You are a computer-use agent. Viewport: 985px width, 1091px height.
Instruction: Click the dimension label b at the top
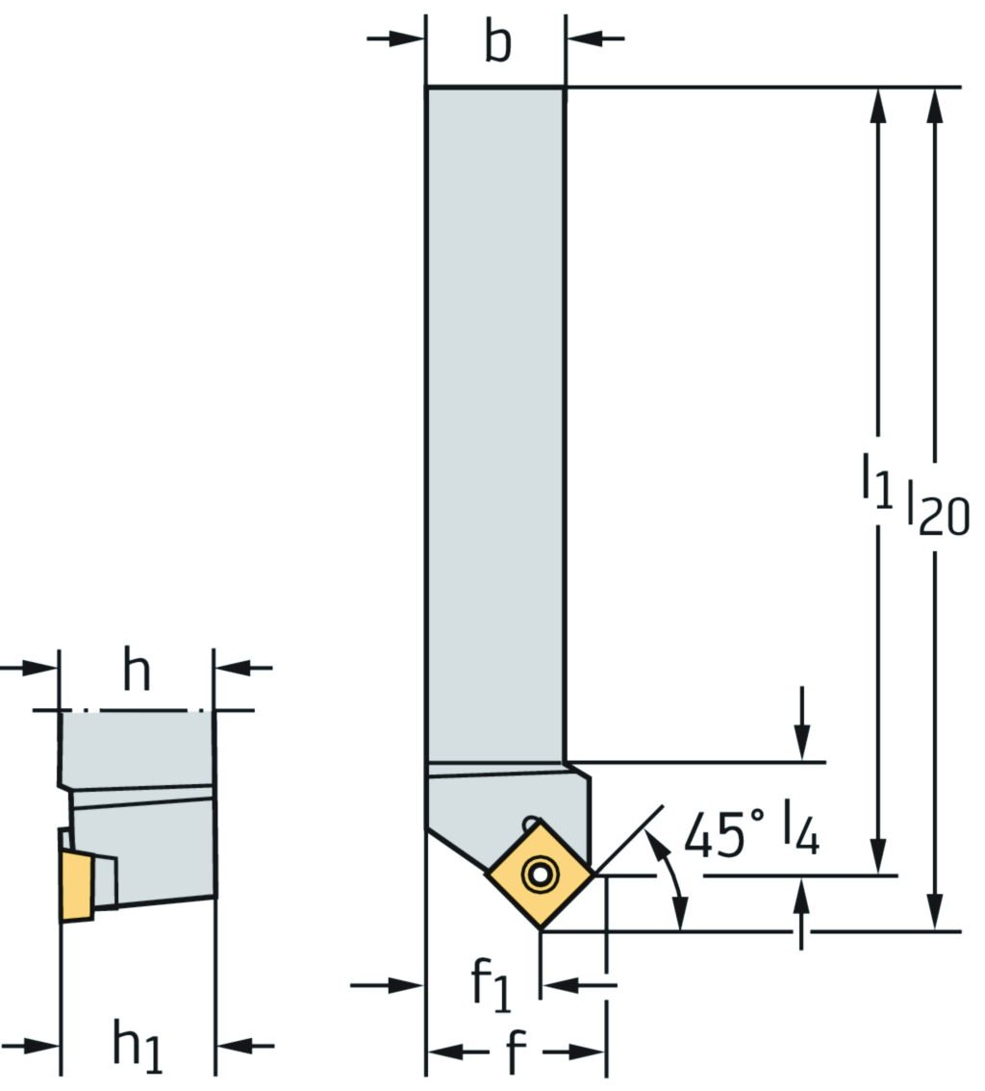click(x=497, y=43)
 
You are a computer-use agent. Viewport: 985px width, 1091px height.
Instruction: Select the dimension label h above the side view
click(x=137, y=672)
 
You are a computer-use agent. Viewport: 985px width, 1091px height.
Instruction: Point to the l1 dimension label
click(x=875, y=480)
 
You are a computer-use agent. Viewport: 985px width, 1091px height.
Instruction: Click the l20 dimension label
click(x=938, y=504)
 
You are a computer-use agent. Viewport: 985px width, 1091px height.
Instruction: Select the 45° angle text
click(x=726, y=833)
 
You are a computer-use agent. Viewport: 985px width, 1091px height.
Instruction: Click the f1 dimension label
click(x=490, y=986)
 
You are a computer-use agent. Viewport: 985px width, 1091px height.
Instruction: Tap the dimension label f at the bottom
click(x=517, y=1054)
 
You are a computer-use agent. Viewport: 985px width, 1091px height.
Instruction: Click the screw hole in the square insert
click(x=539, y=875)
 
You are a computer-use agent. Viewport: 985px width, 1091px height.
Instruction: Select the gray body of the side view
click(x=144, y=827)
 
